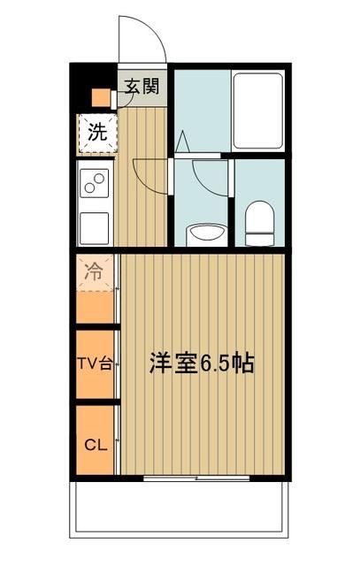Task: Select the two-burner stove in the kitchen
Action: (95, 183)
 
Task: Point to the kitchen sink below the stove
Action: (95, 227)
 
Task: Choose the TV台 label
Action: (93, 364)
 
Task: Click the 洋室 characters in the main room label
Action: (168, 363)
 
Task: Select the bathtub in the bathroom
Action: (257, 111)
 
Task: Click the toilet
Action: (260, 223)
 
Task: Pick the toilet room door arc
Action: (212, 181)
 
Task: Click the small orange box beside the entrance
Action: (102, 97)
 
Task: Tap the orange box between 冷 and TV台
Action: (94, 308)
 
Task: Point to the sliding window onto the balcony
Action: (196, 478)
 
